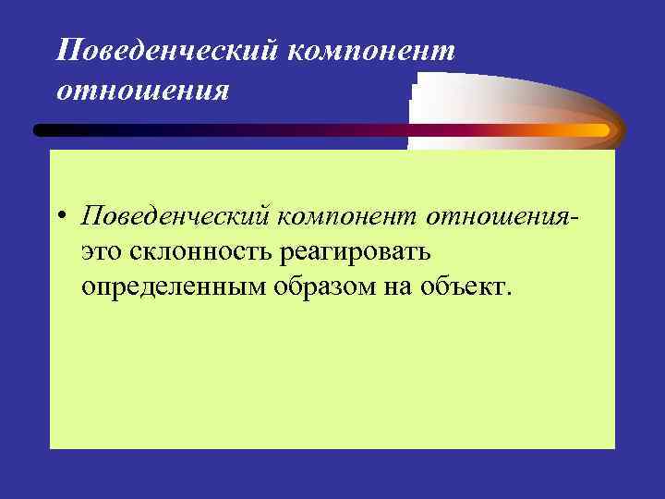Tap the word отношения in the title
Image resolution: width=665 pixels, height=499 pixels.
[141, 91]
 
